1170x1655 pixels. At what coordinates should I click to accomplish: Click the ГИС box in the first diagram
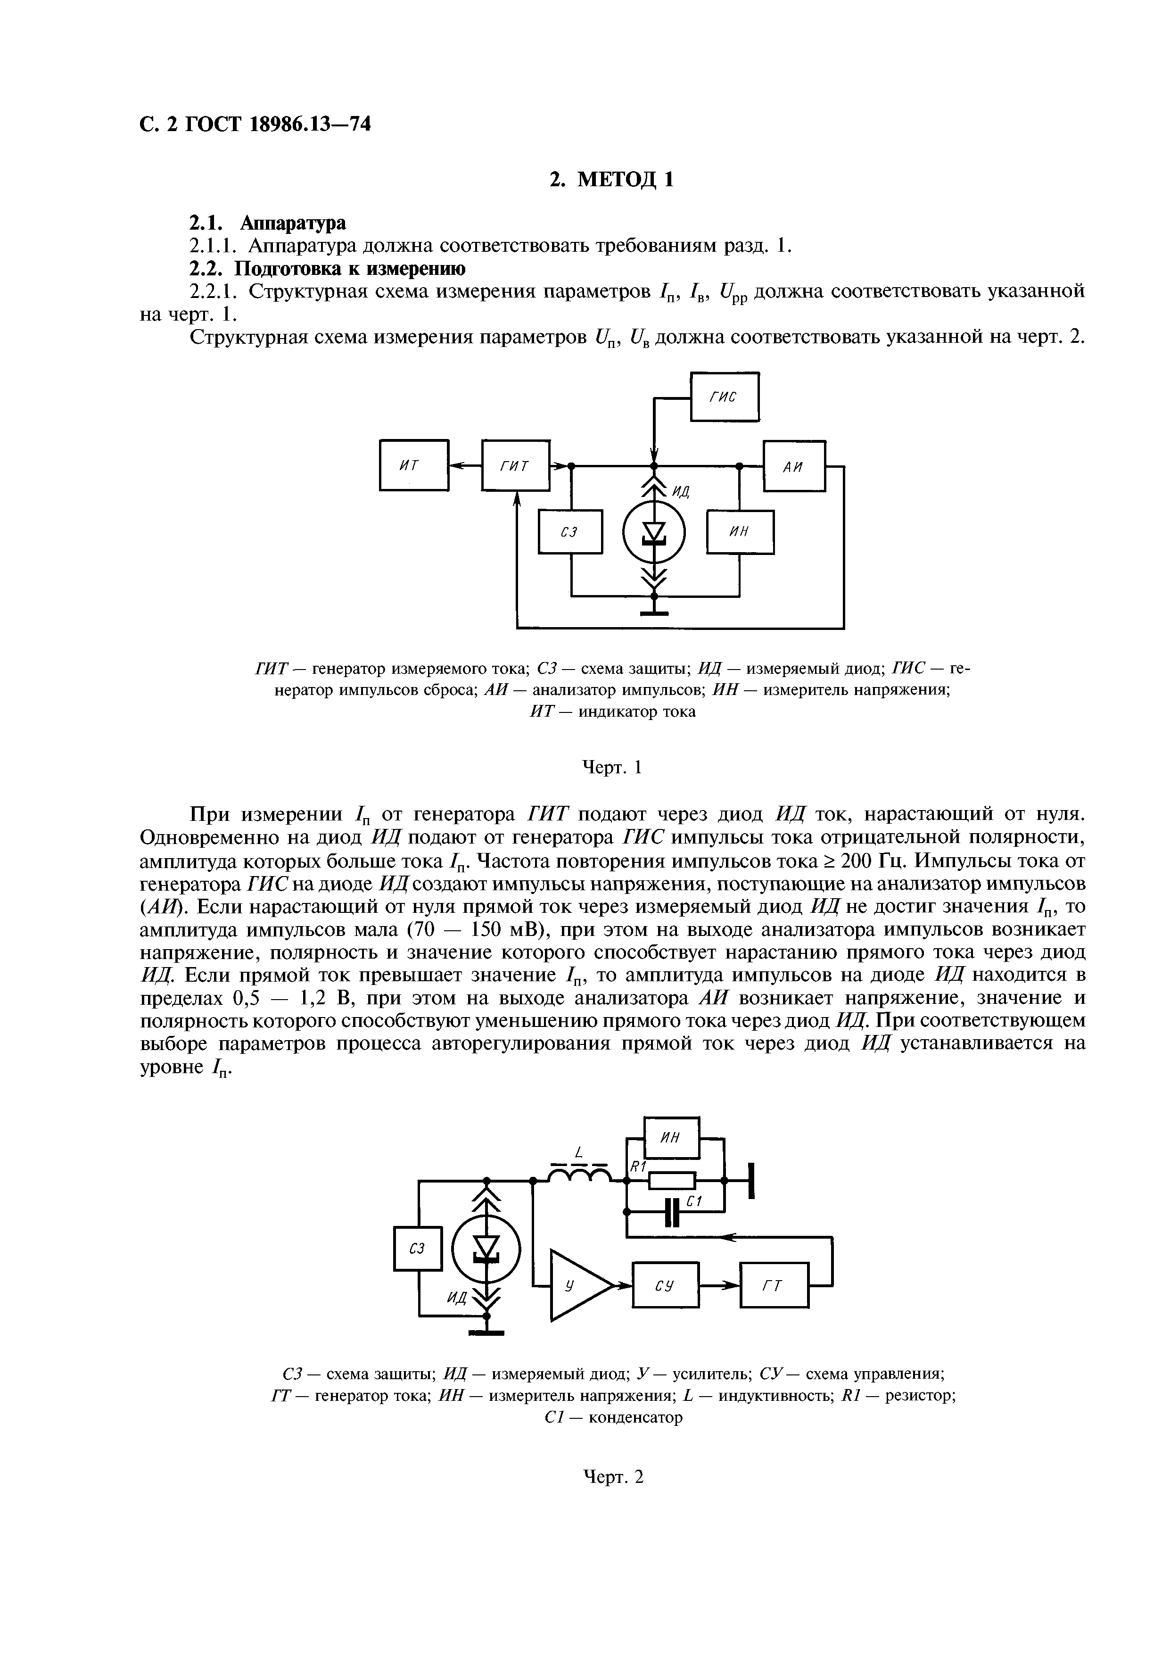[x=724, y=397]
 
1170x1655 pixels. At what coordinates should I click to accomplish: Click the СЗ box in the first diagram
[x=570, y=532]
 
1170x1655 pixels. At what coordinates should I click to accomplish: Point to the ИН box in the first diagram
[x=740, y=532]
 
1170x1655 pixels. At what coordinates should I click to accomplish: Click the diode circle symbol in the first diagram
[x=654, y=532]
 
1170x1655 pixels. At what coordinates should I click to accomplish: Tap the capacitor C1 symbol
[x=672, y=1212]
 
